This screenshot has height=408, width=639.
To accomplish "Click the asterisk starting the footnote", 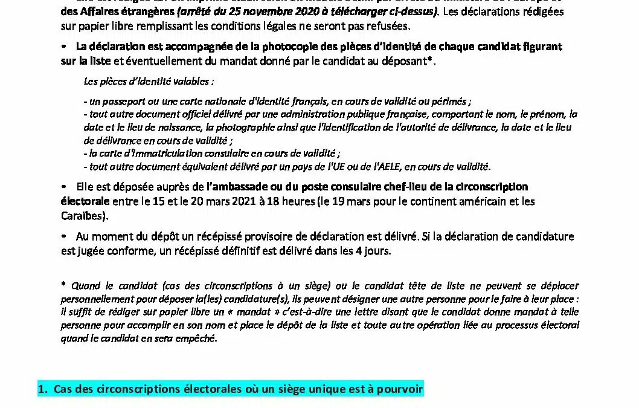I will tap(63, 285).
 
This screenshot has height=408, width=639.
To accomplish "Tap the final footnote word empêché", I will tap(197, 338).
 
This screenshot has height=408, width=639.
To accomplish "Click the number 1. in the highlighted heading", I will tap(42, 390).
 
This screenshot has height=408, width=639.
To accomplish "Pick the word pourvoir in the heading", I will tap(402, 390).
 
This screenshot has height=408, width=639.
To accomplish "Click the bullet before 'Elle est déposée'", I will tap(64, 187).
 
